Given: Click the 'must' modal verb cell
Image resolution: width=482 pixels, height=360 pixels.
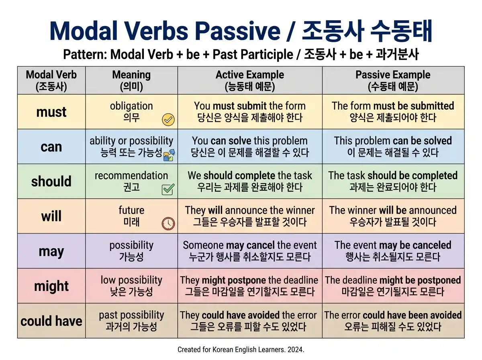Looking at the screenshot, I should click(51, 112).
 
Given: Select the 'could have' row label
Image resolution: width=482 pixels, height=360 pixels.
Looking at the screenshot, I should click(51, 321).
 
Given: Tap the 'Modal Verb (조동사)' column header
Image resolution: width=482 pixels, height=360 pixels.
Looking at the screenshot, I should click(51, 80).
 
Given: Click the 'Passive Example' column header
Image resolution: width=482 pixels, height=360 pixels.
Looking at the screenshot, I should click(393, 80).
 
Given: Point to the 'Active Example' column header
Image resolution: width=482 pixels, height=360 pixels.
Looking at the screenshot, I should click(249, 80).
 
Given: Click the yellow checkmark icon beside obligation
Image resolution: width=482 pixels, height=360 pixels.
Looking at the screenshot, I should click(168, 119).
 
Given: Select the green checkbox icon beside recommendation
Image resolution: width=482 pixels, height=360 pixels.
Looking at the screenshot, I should click(167, 189).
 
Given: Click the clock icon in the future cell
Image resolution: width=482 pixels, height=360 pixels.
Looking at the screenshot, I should click(168, 223).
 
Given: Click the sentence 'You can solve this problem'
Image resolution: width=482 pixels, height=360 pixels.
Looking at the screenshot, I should click(249, 141).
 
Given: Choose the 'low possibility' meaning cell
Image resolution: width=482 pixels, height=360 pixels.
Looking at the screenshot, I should click(131, 286).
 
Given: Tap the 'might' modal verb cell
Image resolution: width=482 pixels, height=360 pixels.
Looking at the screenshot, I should click(51, 286).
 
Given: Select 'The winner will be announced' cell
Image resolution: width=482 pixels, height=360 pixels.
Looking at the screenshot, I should click(393, 216).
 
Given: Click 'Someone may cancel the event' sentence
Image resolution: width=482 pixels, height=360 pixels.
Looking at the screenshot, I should click(249, 245).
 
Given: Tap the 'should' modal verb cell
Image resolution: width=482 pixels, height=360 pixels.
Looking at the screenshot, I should click(51, 181).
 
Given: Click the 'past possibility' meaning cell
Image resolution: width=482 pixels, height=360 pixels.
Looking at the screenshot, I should click(131, 321).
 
